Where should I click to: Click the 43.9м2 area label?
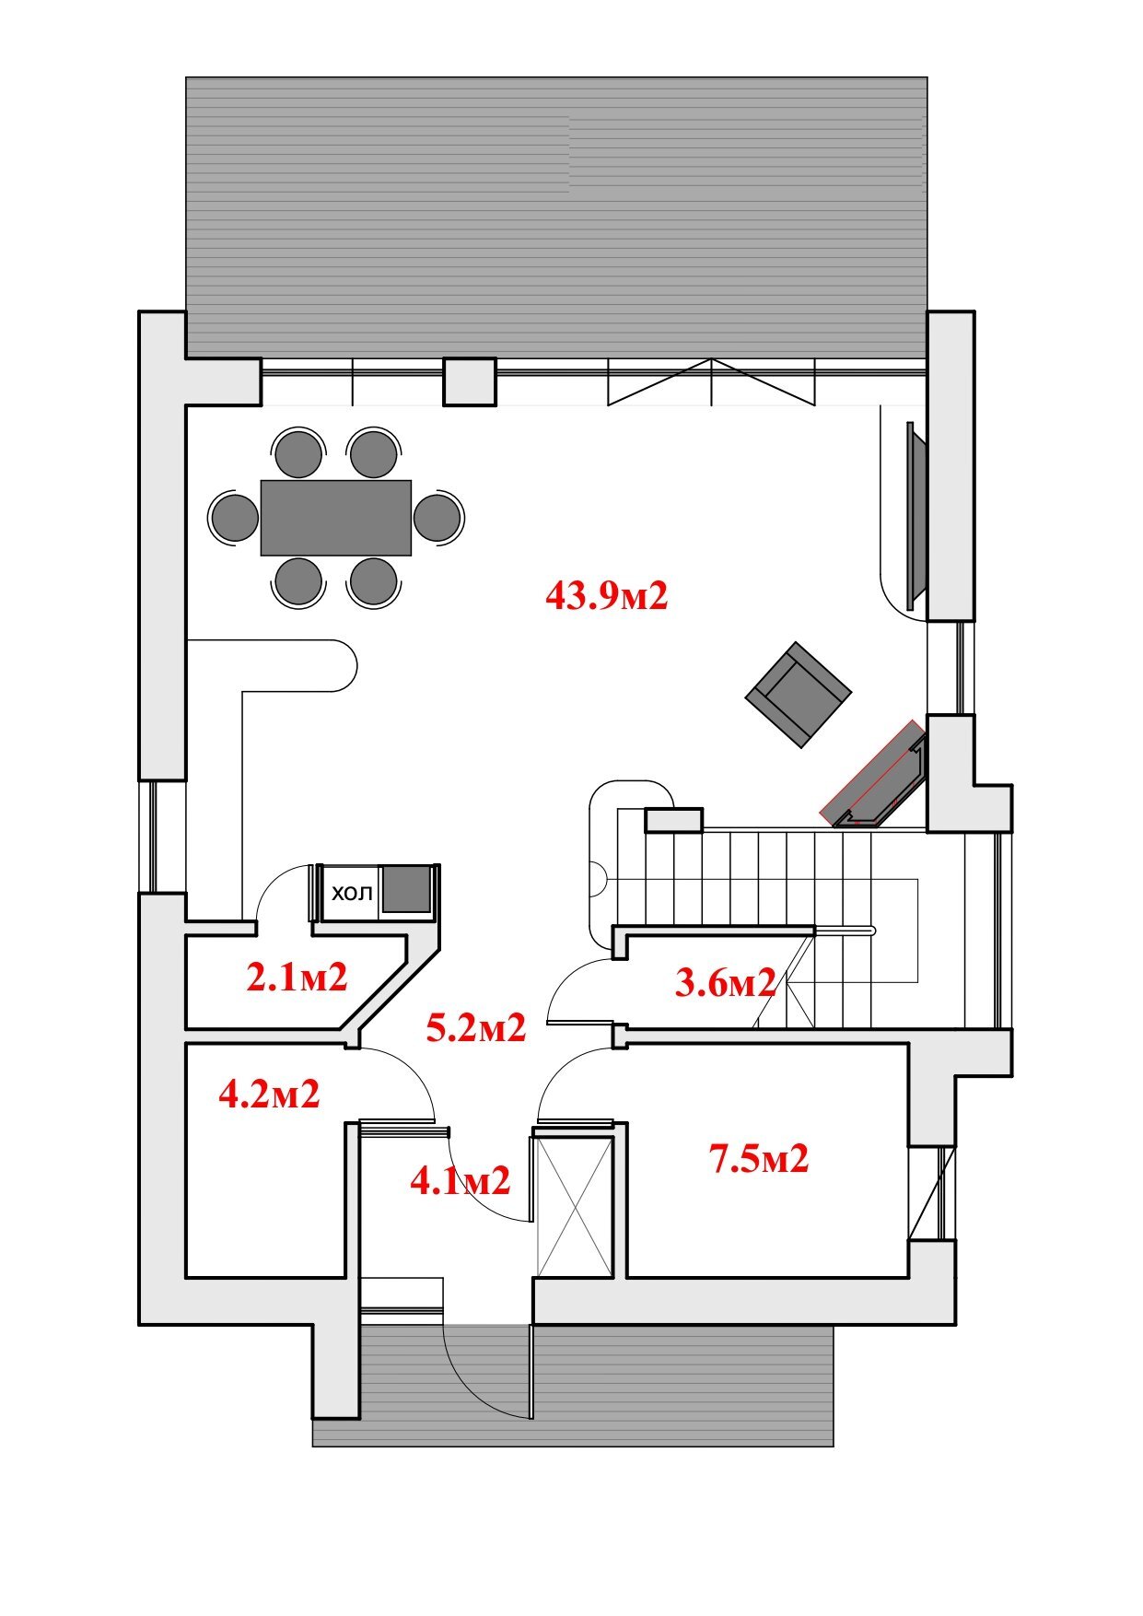click(606, 596)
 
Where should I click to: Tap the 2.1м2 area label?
click(297, 977)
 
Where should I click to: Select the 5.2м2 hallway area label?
click(476, 1027)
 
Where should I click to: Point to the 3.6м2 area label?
click(725, 983)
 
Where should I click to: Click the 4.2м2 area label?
click(269, 1094)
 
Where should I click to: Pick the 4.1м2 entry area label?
click(460, 1180)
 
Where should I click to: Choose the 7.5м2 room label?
click(759, 1158)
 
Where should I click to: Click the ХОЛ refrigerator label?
click(352, 893)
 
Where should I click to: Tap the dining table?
click(336, 517)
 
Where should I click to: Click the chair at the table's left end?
click(234, 517)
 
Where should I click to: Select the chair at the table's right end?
click(437, 517)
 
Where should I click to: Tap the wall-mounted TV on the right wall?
click(916, 516)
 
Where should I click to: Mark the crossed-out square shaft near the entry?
click(574, 1206)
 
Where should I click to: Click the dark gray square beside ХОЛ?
click(406, 889)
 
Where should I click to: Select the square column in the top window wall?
click(470, 381)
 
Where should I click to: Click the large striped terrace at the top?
click(556, 217)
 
